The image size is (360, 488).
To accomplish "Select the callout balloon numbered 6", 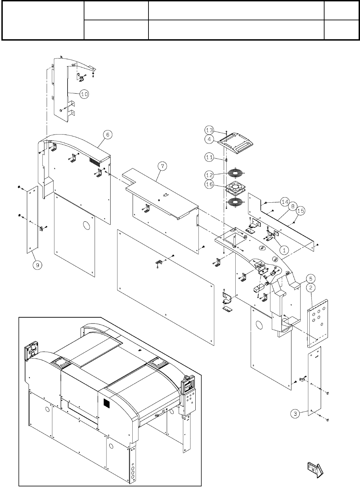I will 107,135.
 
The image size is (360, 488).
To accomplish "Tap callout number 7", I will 163,166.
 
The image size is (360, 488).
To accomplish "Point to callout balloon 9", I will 38,265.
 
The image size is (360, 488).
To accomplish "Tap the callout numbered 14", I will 284,202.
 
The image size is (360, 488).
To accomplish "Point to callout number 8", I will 292,207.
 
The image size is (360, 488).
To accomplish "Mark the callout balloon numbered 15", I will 300,211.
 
